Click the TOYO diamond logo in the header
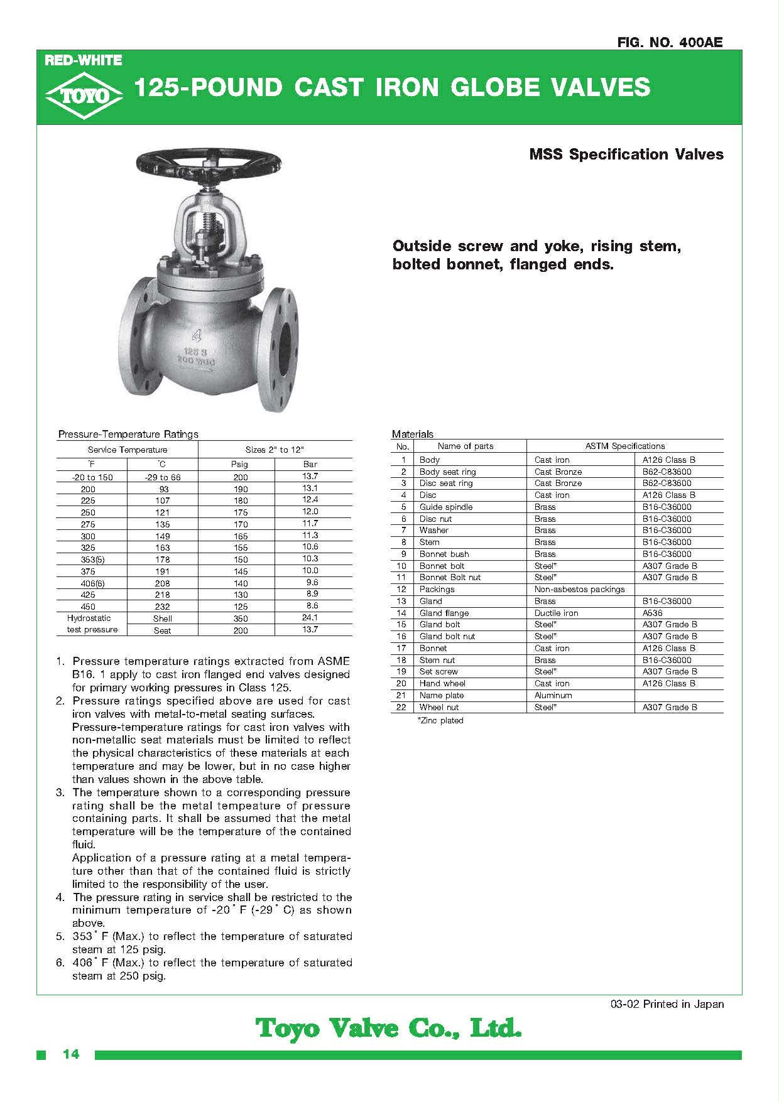[x=84, y=95]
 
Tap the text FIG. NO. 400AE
[x=670, y=42]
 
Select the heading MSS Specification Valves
[x=626, y=154]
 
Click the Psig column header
[x=239, y=464]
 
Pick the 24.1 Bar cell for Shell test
[x=310, y=617]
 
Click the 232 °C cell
[x=162, y=607]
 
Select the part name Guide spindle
[x=446, y=507]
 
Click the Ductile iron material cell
[x=556, y=613]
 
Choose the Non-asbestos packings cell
[x=579, y=589]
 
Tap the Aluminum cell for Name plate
[x=553, y=695]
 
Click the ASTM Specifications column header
[x=624, y=446]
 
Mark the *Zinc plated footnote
[x=440, y=720]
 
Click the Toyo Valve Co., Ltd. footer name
[x=389, y=1029]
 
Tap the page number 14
[x=71, y=1054]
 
